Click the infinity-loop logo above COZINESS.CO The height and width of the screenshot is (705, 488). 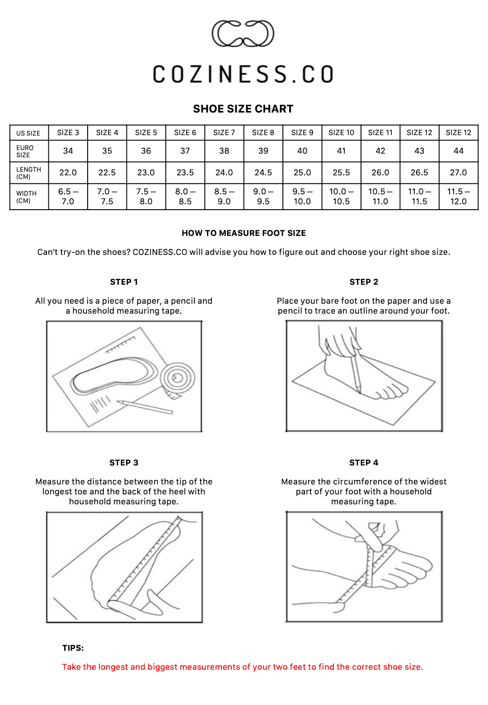point(243,34)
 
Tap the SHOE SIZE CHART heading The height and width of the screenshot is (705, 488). point(243,109)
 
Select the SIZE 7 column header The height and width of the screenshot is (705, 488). point(224,132)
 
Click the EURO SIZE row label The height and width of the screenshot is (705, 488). point(25,151)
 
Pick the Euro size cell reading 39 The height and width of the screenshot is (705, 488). point(263,151)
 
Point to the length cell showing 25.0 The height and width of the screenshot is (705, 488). point(302,173)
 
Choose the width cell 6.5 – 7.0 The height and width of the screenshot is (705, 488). point(68,196)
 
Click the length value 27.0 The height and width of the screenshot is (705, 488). point(458,173)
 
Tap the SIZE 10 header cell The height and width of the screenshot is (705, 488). point(341,132)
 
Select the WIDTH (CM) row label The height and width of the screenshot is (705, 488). point(26,197)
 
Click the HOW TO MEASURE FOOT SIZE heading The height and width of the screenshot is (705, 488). point(244,233)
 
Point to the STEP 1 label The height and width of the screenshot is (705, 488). point(124,282)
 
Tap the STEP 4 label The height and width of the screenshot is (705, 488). point(364,463)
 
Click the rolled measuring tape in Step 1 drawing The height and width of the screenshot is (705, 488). point(178,379)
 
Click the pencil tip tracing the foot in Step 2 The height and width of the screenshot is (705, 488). point(360,391)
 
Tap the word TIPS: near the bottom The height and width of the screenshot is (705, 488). point(73,648)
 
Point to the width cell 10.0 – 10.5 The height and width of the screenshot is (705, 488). point(341,196)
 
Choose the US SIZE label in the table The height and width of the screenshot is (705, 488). point(28,133)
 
